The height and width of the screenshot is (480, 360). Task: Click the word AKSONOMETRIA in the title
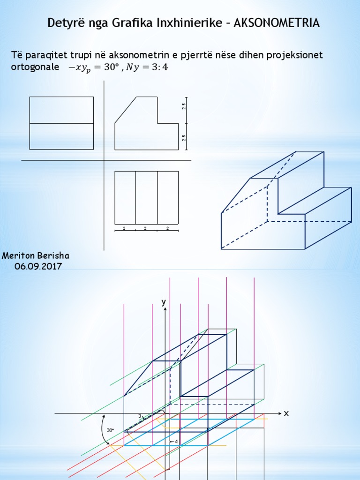pyautogui.click(x=277, y=23)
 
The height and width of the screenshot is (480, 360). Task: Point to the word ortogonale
pyautogui.click(x=35, y=67)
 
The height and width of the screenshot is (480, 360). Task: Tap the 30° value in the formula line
pyautogui.click(x=111, y=67)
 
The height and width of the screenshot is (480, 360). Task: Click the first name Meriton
pyautogui.click(x=18, y=255)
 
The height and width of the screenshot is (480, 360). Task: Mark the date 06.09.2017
pyautogui.click(x=38, y=266)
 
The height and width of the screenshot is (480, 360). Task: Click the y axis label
pyautogui.click(x=164, y=302)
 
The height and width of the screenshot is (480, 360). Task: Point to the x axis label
pyautogui.click(x=286, y=413)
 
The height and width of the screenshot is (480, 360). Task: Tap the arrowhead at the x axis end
pyautogui.click(x=279, y=413)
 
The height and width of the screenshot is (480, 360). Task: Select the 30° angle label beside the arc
pyautogui.click(x=110, y=430)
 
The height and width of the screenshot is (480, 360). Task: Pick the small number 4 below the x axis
pyautogui.click(x=176, y=442)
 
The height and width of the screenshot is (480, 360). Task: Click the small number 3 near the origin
pyautogui.click(x=140, y=416)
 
